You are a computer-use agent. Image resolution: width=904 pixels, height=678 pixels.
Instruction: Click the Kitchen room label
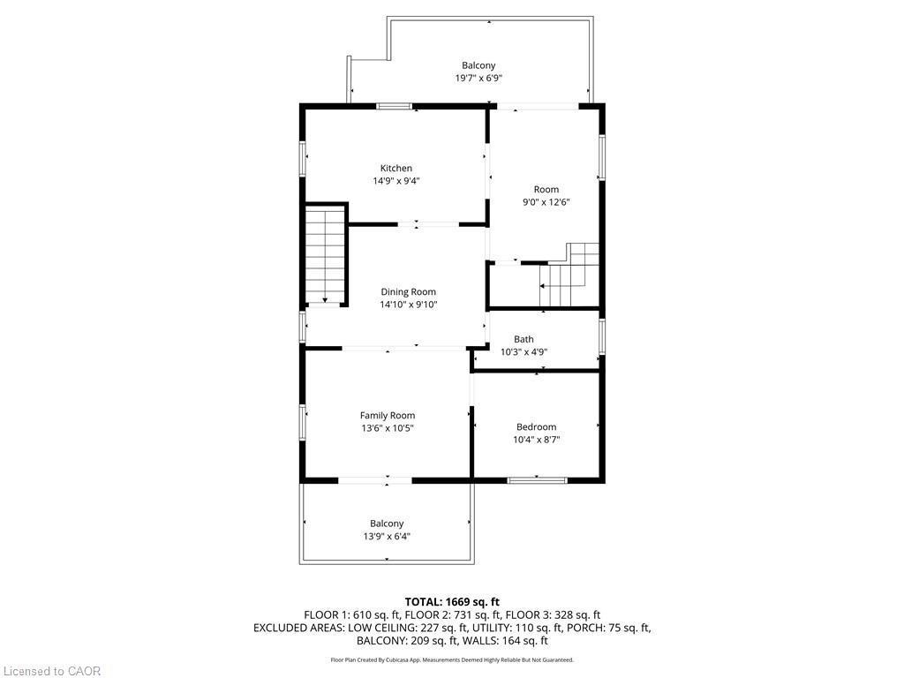coord(395,168)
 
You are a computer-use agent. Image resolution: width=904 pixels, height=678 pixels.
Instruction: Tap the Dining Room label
coord(408,292)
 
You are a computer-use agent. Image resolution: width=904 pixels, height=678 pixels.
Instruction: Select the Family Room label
coord(387,415)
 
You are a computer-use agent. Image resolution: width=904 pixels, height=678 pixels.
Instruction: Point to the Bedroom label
coord(536,427)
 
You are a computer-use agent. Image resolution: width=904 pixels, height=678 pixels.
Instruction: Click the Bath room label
coord(524,339)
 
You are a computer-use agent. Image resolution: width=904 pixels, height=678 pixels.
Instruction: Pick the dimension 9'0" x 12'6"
coord(546,202)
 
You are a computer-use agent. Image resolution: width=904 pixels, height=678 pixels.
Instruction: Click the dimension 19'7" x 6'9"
coord(478,78)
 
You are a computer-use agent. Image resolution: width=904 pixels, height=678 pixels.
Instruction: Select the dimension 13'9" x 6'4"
coord(387,536)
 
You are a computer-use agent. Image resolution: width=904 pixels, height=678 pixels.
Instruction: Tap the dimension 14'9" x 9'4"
coord(395,181)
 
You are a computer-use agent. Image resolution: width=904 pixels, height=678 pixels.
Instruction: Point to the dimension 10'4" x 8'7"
coord(536,440)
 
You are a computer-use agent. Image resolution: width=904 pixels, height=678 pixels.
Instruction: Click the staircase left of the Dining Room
coord(325,254)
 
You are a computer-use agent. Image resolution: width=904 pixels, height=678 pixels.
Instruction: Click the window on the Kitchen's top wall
coord(394,107)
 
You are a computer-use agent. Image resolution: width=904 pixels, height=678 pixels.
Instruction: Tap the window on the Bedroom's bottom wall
coord(537,480)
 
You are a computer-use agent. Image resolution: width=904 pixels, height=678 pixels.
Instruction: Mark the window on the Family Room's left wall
coord(303,422)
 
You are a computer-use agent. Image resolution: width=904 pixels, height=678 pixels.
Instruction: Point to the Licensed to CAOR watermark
coord(51,671)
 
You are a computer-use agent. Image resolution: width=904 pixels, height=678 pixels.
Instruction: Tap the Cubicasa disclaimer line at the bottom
coord(452,659)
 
